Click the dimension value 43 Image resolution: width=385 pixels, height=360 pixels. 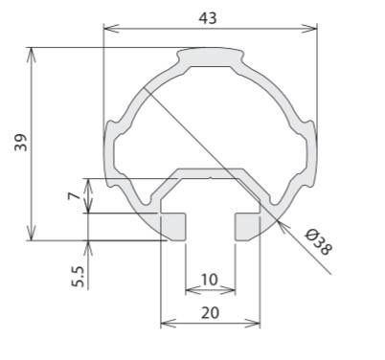coord(208,18)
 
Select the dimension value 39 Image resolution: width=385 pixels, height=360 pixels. coord(21,143)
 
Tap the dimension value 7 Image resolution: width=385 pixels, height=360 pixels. coord(75,195)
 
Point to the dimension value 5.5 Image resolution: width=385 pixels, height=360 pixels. coord(78,277)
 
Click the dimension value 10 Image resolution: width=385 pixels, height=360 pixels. coord(210,280)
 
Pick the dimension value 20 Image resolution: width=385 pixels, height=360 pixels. coord(210,312)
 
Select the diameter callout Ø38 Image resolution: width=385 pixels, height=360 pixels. coord(319,242)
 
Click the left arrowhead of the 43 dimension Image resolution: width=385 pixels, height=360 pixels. coord(111,29)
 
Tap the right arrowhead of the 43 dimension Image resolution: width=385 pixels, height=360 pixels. coord(309,29)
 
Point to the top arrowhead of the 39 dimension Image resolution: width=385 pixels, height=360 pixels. coord(31,55)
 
